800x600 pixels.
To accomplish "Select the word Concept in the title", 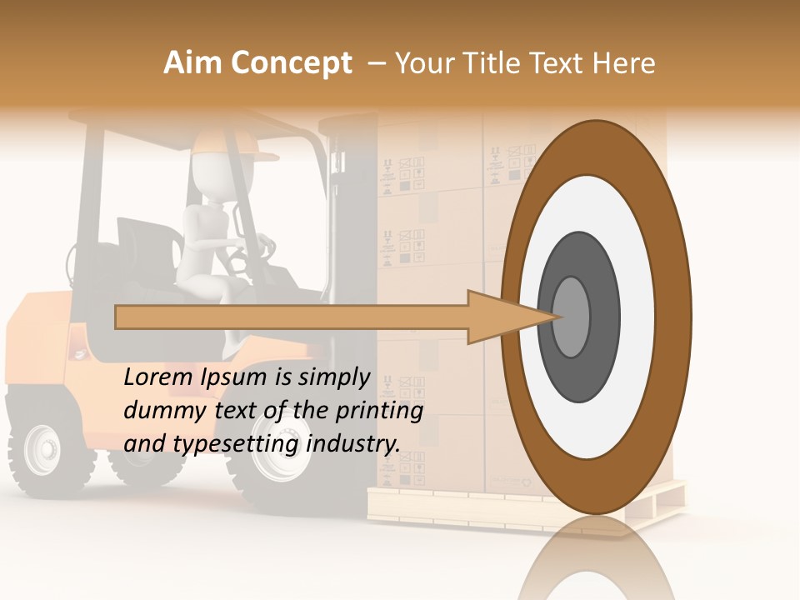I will (291, 63).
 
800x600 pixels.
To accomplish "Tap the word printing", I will (380, 411).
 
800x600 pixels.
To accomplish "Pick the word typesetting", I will (236, 444).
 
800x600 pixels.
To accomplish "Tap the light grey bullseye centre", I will (572, 317).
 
